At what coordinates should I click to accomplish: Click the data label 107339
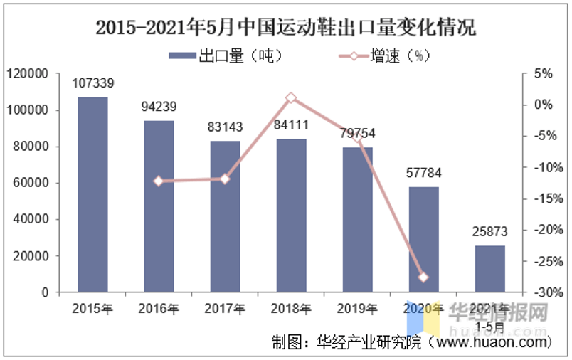point(93,84)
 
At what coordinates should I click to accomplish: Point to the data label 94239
point(159,107)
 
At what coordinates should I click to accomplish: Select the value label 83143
point(225,127)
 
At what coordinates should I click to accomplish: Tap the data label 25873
point(489,232)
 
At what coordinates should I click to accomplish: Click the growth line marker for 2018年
point(291,98)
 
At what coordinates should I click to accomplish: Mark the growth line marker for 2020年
point(423,277)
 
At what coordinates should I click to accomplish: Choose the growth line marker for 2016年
point(159,181)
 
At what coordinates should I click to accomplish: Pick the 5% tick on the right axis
point(543,74)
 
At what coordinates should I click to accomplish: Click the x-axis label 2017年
point(225,309)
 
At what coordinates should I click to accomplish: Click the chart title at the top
point(285,28)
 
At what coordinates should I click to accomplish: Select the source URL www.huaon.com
point(491,342)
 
